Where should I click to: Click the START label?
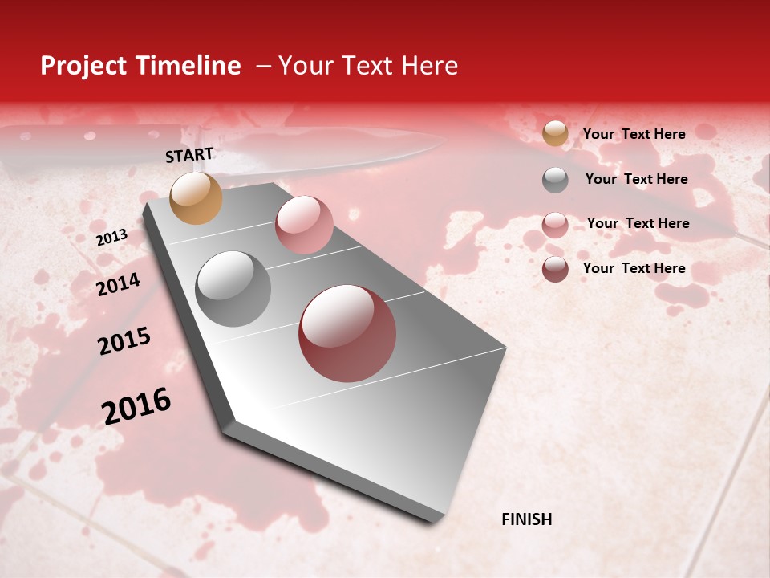point(189,155)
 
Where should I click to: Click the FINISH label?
point(527,519)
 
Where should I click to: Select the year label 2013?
point(111,238)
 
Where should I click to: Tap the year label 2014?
point(118,284)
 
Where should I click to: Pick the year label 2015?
point(124,341)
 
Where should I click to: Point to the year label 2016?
point(136,406)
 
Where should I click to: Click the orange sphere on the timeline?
point(196,197)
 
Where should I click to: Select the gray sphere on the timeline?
point(233,289)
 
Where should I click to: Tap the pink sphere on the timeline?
point(304,225)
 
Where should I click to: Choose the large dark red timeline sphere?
point(347,333)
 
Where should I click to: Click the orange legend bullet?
point(555,134)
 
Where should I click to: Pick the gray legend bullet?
point(555,180)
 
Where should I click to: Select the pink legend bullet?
point(555,225)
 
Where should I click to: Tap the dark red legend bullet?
point(555,269)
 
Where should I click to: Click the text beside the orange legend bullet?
point(634,134)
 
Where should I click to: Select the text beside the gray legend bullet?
point(636,179)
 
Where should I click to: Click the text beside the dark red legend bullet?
point(634,268)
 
